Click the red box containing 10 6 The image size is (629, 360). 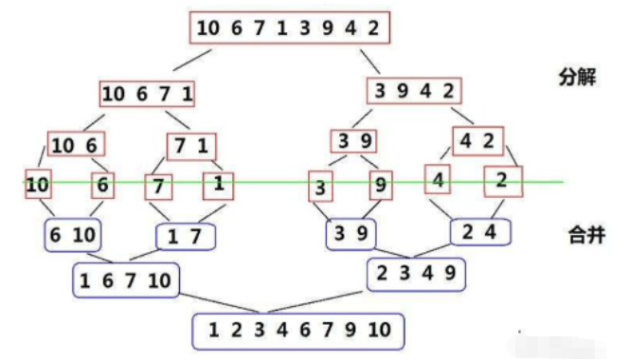point(76,144)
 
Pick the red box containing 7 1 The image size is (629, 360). point(192,146)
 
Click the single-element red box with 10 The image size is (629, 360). point(38,185)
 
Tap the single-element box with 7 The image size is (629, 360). point(160,186)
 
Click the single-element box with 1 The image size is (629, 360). point(219,184)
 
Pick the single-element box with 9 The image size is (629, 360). point(380,186)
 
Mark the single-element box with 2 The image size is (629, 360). point(502,180)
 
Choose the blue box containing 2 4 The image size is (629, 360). point(479,230)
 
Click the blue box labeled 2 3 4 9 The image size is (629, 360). point(417,274)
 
